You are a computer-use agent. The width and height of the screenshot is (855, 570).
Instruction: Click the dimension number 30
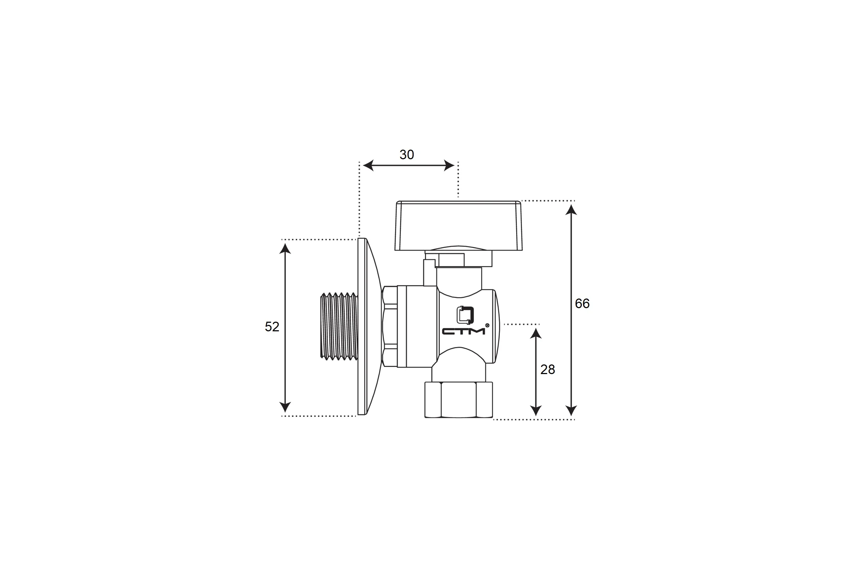406,155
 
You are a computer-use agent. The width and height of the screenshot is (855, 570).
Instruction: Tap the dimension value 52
272,327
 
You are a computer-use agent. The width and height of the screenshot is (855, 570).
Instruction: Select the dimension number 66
582,304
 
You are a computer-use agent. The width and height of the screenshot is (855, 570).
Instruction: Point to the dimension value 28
548,370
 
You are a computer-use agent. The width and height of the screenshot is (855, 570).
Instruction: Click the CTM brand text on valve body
463,331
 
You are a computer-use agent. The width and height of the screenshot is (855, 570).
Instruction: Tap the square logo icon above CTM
465,315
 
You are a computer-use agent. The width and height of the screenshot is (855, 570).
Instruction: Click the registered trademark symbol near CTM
487,325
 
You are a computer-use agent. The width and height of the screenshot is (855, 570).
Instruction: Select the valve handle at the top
458,226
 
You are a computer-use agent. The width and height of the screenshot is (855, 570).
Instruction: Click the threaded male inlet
339,326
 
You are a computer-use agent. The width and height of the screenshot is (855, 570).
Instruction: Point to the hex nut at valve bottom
459,400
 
